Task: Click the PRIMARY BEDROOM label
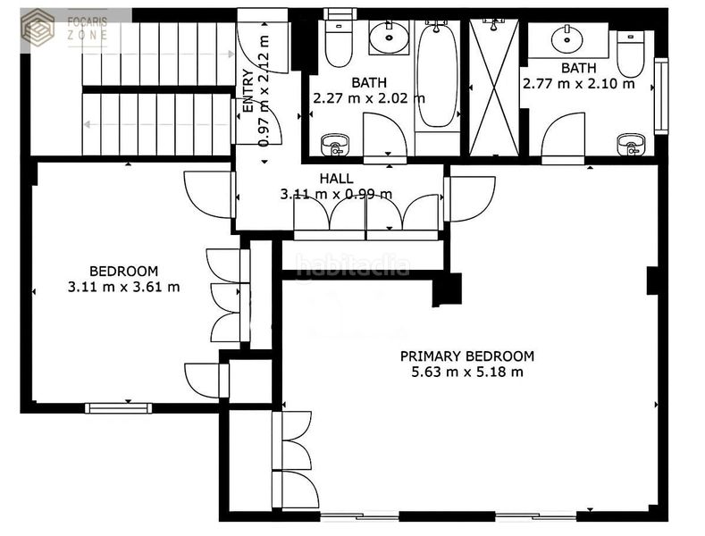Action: pos(467,356)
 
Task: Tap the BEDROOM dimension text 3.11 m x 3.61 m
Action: pos(123,287)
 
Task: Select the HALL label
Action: pos(336,179)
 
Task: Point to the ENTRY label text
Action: pos(248,90)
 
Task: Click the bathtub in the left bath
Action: pos(438,75)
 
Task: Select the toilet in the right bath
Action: pos(631,54)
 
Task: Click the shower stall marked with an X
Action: pos(494,88)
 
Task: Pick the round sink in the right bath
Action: pos(567,39)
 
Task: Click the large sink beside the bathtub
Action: pos(390,38)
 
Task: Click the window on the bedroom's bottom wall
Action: pos(119,408)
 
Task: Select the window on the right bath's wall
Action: pos(660,96)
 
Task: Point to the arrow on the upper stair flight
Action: pos(159,54)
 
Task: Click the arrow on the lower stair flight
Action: pos(157,124)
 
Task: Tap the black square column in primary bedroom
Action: pos(447,289)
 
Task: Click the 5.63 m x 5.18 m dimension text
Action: pos(467,372)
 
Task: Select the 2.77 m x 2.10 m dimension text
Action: pos(579,84)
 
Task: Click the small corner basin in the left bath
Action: pos(335,145)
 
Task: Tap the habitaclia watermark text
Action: pos(353,265)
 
